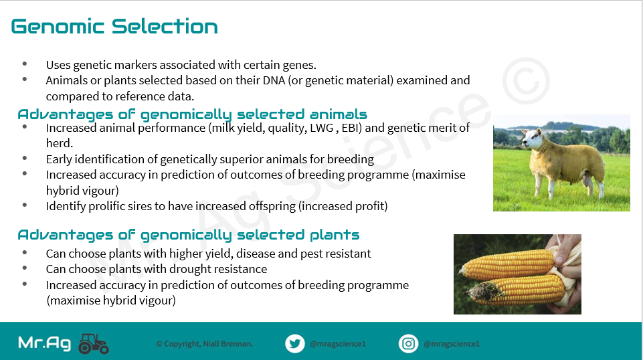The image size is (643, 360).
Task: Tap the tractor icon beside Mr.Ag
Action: [x=94, y=343]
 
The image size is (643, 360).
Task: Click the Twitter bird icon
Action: [x=295, y=343]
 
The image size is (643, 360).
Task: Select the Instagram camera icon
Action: [x=408, y=343]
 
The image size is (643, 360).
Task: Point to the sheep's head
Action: [x=533, y=139]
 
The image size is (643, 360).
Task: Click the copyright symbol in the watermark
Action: [x=526, y=80]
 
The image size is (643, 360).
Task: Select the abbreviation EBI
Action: [x=351, y=128]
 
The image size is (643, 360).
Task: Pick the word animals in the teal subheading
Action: [x=339, y=114]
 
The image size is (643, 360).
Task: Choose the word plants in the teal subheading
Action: [x=335, y=235]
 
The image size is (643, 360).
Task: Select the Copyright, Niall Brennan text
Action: [x=205, y=344]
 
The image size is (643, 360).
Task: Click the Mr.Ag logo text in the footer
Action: [x=45, y=343]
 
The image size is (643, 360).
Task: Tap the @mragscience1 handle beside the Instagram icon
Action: [x=452, y=344]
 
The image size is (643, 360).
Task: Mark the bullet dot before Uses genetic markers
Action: [x=25, y=64]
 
